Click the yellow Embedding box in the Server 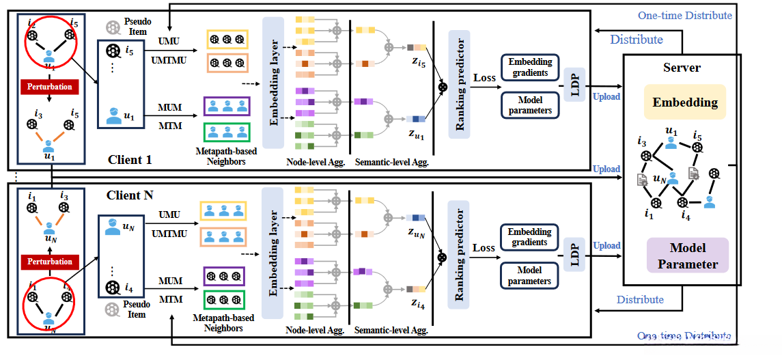pyautogui.click(x=685, y=103)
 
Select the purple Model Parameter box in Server pyautogui.click(x=688, y=255)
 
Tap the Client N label pyautogui.click(x=130, y=195)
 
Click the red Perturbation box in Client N pyautogui.click(x=49, y=261)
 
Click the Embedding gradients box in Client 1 pyautogui.click(x=530, y=68)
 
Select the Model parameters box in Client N pyautogui.click(x=530, y=275)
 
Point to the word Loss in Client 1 pyautogui.click(x=484, y=78)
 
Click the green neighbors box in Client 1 pyautogui.click(x=227, y=131)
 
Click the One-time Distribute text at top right pyautogui.click(x=684, y=15)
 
